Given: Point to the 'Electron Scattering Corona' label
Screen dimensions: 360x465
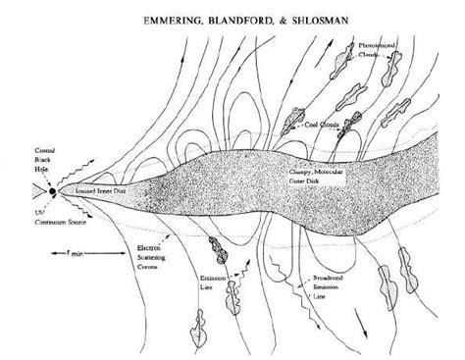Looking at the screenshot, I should (x=145, y=256).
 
